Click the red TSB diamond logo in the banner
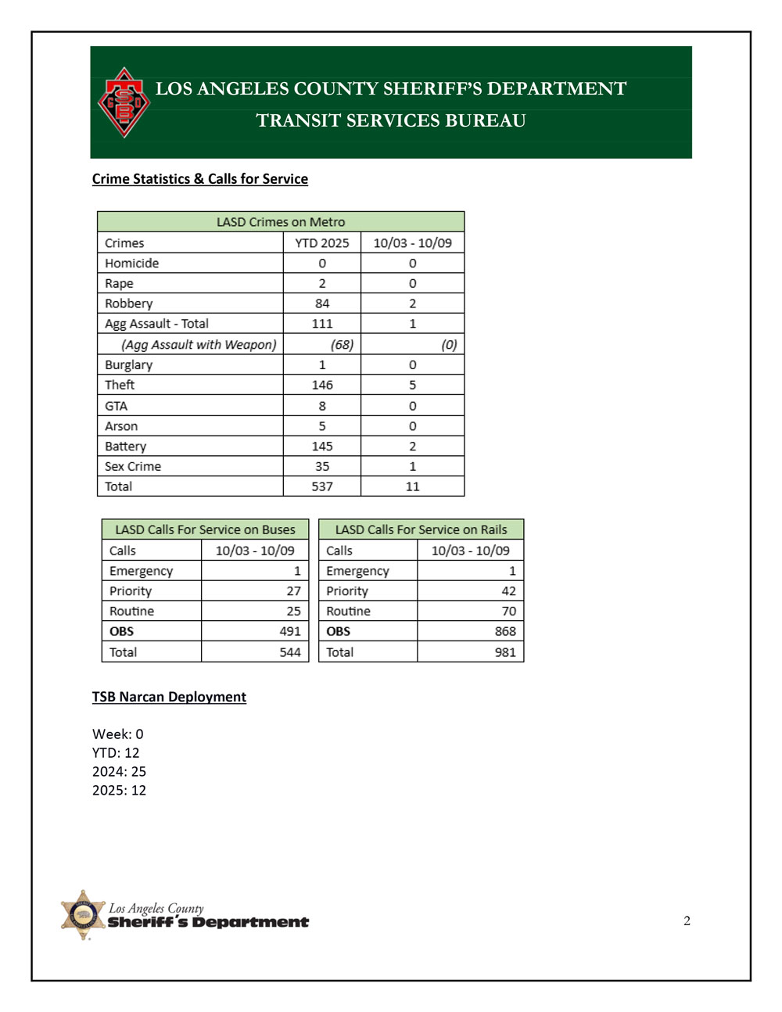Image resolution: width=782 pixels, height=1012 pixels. click(124, 102)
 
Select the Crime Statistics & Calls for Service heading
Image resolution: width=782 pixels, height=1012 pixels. click(199, 179)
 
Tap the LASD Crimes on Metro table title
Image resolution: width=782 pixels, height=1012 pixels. click(280, 222)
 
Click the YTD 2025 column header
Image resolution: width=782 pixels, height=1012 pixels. click(321, 243)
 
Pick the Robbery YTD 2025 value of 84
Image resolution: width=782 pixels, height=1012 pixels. click(321, 303)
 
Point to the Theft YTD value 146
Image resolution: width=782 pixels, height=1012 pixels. click(321, 385)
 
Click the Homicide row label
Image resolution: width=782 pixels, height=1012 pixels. click(131, 264)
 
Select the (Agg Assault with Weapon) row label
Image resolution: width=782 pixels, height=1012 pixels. click(199, 345)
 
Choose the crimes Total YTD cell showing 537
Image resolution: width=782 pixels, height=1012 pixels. click(321, 486)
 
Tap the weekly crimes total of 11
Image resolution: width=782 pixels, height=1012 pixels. click(412, 486)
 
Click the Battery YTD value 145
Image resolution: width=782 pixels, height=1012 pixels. click(321, 447)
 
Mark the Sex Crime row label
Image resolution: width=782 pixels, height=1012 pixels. click(133, 467)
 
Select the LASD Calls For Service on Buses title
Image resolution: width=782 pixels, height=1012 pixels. click(205, 529)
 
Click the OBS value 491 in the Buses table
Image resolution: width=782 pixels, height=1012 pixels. click(289, 631)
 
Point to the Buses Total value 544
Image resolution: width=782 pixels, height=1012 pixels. click(289, 652)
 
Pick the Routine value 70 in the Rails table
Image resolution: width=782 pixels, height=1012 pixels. click(508, 612)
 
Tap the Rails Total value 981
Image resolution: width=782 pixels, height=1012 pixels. click(504, 652)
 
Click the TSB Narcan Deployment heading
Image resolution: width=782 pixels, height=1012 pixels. click(169, 697)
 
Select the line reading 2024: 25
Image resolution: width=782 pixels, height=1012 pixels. click(119, 772)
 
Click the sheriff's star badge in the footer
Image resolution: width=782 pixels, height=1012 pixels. click(83, 914)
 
